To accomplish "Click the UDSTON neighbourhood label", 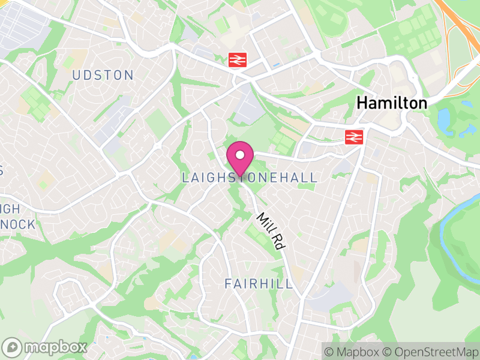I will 103,75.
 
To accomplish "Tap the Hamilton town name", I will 392,103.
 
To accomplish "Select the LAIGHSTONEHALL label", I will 249,178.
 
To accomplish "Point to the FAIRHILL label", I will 259,283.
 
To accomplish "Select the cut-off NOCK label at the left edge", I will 18,224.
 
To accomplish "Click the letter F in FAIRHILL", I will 229,283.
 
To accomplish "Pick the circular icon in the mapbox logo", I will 12,347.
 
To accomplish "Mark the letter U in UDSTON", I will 76,75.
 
